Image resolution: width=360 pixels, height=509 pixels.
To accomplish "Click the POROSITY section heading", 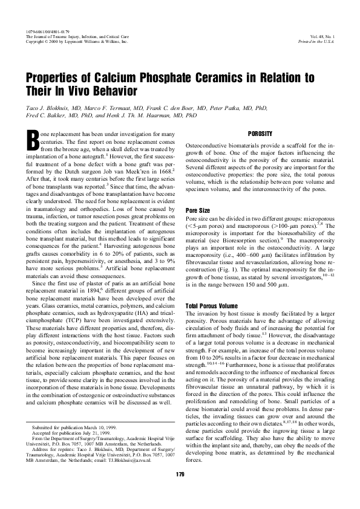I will (x=260, y=133).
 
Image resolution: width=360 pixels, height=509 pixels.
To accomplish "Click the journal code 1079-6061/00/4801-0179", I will (x=48, y=31).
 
